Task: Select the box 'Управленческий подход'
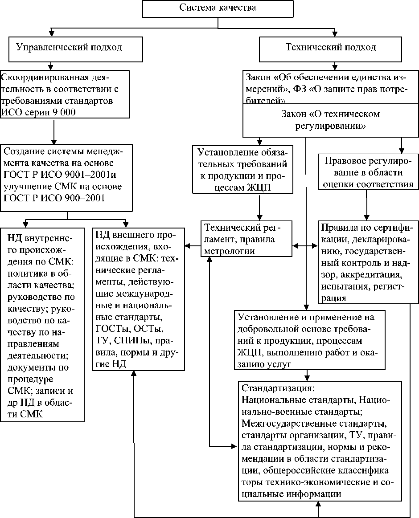click(69, 47)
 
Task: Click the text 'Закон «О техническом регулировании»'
click(330, 120)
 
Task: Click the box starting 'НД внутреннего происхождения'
click(42, 324)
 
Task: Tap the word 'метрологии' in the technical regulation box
click(229, 251)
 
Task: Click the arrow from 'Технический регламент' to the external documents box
click(193, 245)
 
